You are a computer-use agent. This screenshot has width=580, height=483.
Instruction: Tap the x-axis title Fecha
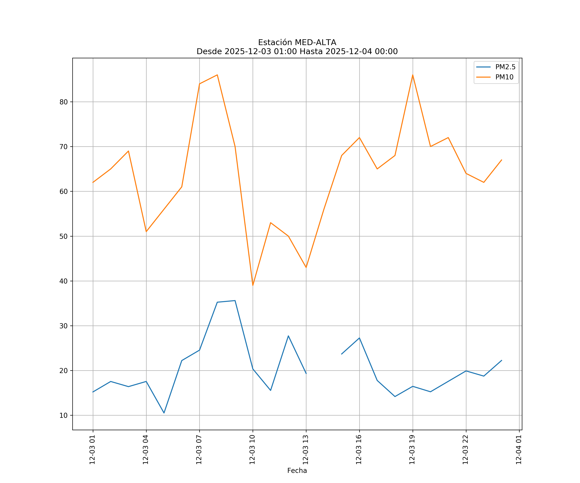[297, 471]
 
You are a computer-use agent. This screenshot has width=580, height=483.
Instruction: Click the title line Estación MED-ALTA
[297, 43]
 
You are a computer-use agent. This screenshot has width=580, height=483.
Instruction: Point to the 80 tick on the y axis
[63, 102]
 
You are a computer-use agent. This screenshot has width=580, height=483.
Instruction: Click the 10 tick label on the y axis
[63, 415]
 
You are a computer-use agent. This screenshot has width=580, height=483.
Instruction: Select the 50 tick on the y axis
[63, 236]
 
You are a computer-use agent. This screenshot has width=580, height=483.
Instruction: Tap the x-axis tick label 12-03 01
[92, 450]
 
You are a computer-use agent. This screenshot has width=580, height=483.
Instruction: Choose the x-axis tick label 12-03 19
[412, 450]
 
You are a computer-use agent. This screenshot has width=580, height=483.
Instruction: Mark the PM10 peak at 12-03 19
[413, 75]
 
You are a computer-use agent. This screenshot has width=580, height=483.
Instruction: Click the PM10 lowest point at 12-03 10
[253, 285]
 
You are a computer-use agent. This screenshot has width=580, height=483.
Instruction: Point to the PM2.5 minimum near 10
[164, 413]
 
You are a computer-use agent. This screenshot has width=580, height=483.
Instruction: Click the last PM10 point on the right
[502, 160]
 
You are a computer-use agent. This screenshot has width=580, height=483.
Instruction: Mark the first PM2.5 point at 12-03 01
[93, 392]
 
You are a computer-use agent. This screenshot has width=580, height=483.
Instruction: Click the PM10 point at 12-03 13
[306, 267]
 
